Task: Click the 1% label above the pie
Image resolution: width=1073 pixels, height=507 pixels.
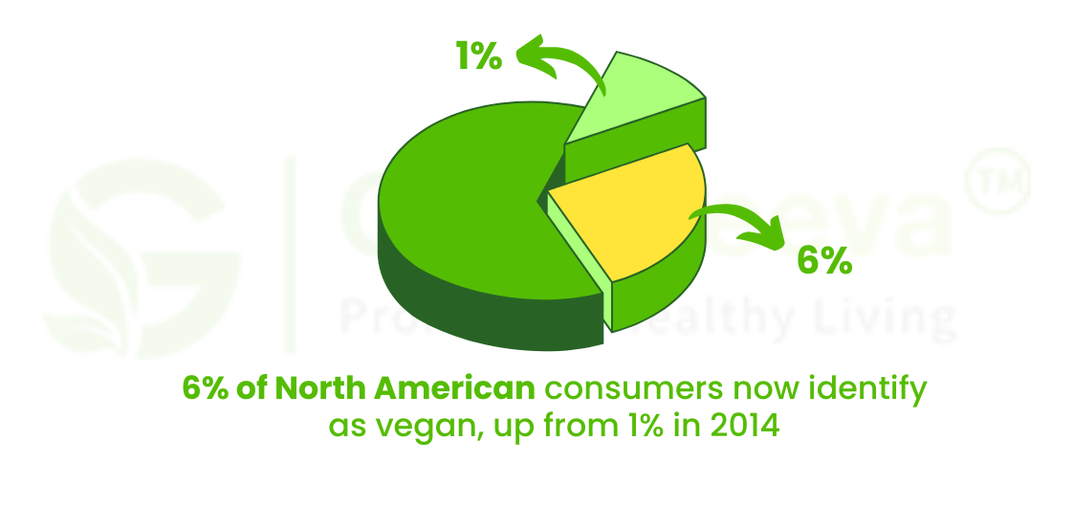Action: click(478, 56)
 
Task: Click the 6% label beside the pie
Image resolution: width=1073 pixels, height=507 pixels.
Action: click(823, 259)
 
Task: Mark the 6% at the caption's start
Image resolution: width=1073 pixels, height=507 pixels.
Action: click(205, 389)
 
